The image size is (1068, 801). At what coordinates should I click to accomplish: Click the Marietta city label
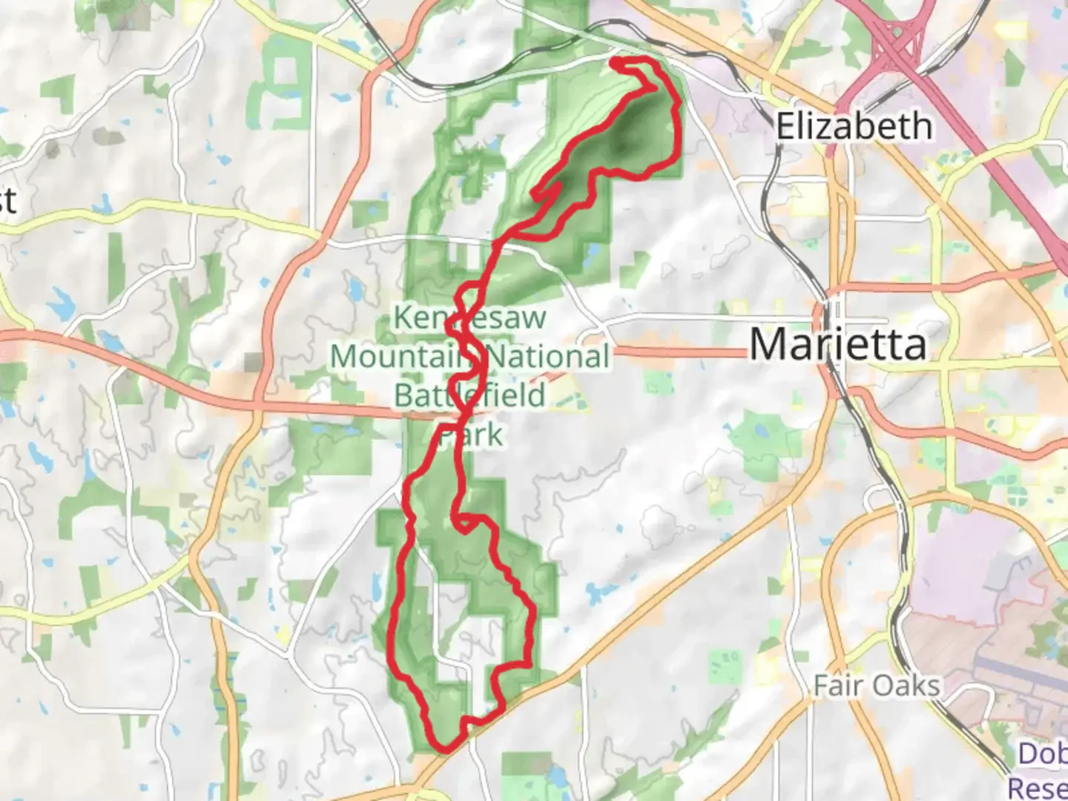[x=838, y=344]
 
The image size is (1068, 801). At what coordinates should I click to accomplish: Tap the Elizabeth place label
[x=854, y=126]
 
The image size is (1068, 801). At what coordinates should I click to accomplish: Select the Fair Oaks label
[x=877, y=685]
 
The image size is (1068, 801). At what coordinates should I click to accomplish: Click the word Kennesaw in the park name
[x=469, y=318]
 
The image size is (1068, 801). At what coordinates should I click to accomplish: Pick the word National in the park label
[x=549, y=357]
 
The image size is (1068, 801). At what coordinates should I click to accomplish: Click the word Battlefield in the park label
[x=469, y=395]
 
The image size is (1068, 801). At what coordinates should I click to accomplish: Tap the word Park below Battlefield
[x=471, y=434]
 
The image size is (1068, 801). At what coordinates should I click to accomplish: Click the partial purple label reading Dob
[x=1042, y=754]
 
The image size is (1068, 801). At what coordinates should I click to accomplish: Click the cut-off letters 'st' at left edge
[x=7, y=200]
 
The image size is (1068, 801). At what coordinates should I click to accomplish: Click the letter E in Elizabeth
[x=785, y=126]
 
